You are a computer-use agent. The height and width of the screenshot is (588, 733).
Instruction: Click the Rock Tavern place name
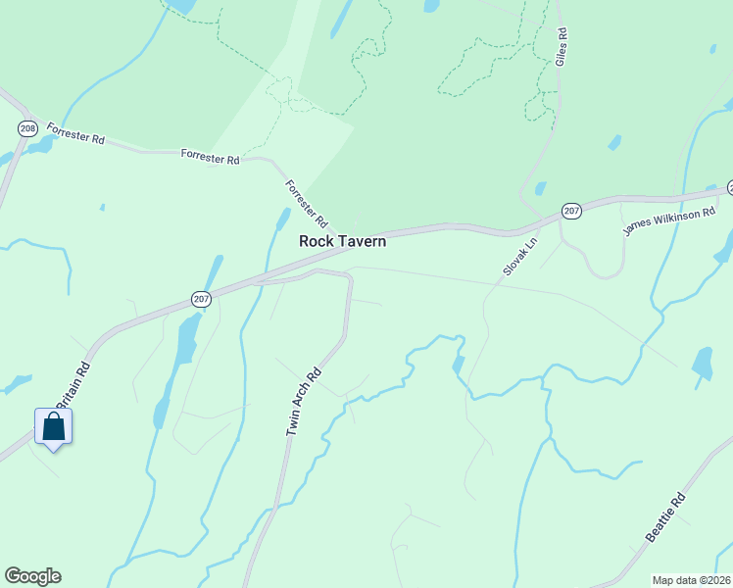(x=342, y=241)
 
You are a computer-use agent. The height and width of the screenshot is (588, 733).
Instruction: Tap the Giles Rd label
(x=562, y=46)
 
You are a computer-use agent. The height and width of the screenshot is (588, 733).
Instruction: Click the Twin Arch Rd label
(x=304, y=402)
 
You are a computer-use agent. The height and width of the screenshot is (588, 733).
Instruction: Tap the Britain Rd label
(x=72, y=388)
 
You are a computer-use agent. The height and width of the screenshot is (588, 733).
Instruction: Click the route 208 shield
(x=27, y=128)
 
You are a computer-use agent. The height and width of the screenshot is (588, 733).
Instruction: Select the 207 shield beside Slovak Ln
(x=572, y=211)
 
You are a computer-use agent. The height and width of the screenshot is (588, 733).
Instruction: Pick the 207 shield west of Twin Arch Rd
(x=201, y=299)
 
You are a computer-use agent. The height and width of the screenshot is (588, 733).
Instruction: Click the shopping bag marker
(x=54, y=427)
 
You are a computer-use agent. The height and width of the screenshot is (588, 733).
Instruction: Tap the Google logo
(x=32, y=576)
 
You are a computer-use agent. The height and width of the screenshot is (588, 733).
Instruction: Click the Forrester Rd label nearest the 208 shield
(x=75, y=134)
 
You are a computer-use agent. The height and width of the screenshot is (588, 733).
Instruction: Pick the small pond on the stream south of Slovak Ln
(x=458, y=364)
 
